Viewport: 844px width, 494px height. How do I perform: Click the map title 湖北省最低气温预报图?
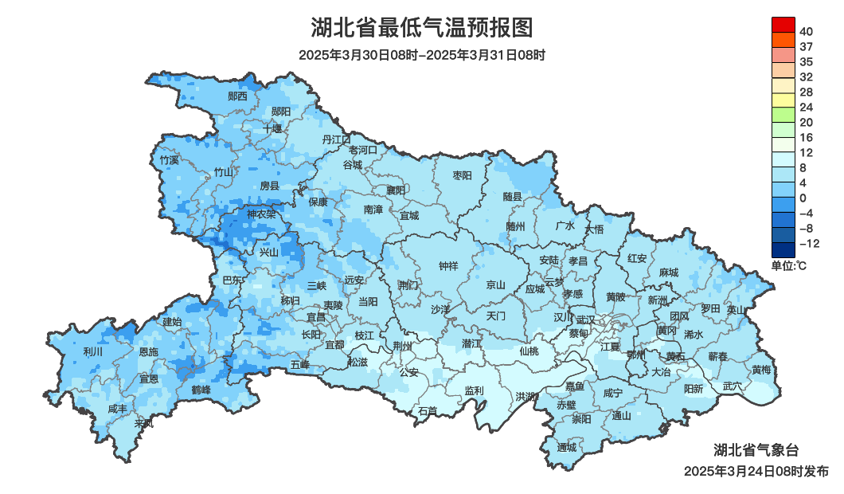tap(421, 28)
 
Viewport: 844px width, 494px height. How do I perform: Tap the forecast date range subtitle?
tap(421, 55)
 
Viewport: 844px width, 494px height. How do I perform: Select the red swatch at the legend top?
tap(783, 24)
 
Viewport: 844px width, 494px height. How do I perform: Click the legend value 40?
tap(806, 32)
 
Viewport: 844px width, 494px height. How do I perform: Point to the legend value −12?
tap(809, 244)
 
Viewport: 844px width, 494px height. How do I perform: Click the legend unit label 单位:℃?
tap(788, 265)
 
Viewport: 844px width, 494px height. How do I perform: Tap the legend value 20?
tap(806, 123)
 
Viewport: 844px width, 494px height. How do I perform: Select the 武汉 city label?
tap(585, 320)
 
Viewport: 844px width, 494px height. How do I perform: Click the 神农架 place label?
tap(261, 214)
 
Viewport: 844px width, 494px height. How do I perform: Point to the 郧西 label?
tap(237, 96)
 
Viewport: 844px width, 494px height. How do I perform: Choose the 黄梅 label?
tap(761, 370)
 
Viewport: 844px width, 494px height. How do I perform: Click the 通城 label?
tap(566, 447)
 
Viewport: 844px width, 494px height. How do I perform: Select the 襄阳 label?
tap(396, 190)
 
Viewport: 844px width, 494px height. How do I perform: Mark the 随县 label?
tap(513, 196)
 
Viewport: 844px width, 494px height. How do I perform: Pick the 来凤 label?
tap(143, 423)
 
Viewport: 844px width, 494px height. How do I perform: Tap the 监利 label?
tap(474, 390)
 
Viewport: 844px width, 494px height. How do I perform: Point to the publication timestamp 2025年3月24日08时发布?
tap(756, 472)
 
